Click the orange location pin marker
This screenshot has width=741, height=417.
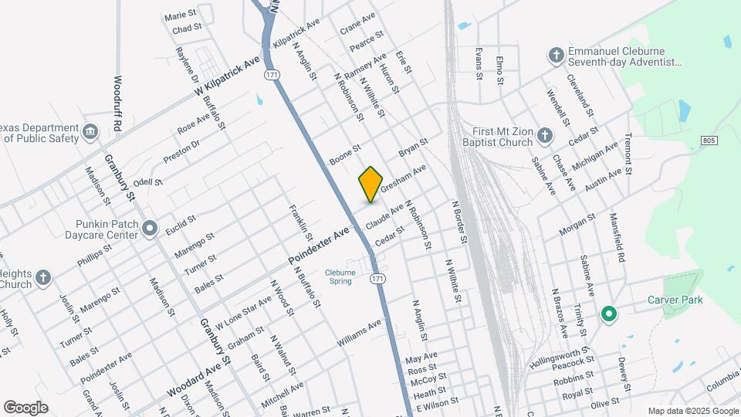click(371, 184)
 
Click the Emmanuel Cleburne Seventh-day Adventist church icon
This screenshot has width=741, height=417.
click(555, 55)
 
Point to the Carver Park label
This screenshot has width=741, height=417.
click(675, 300)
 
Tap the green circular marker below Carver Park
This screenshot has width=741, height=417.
click(608, 314)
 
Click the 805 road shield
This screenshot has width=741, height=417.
click(710, 140)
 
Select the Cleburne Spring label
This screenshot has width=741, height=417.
click(340, 276)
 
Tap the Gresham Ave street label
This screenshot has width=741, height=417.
click(404, 178)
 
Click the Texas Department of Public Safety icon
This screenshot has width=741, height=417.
click(90, 132)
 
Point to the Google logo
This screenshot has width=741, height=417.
click(25, 408)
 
